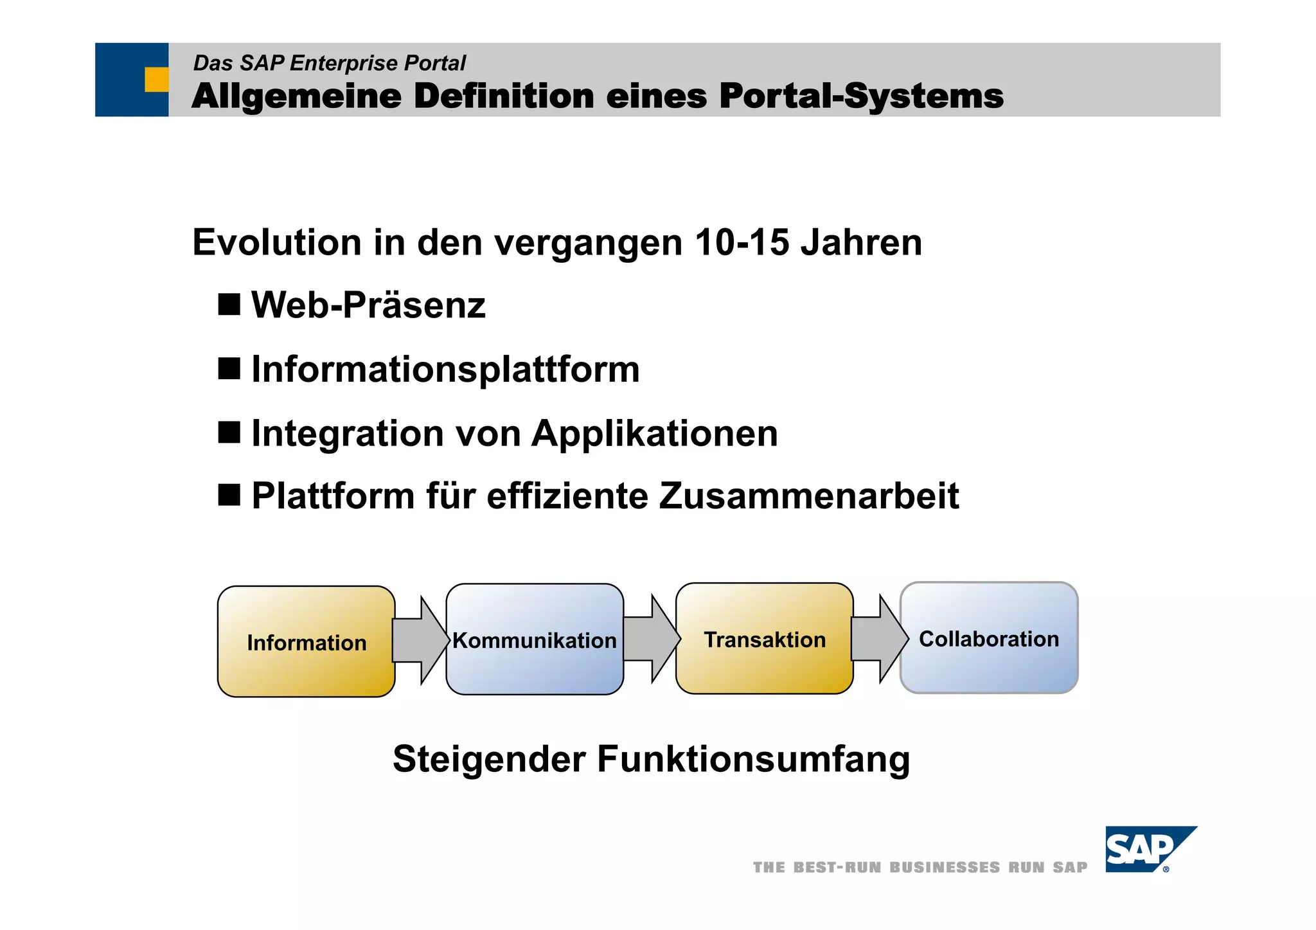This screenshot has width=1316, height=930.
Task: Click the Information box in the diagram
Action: point(306,641)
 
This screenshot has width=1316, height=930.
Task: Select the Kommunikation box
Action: point(535,639)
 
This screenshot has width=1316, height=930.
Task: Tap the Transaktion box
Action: point(764,639)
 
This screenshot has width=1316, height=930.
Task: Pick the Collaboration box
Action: point(988,638)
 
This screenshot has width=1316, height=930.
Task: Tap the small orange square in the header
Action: point(156,80)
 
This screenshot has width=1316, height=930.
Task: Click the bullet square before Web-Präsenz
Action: point(229,304)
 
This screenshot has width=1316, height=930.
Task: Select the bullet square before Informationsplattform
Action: point(229,369)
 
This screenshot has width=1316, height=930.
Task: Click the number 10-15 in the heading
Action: point(742,243)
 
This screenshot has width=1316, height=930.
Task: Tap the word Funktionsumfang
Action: point(753,759)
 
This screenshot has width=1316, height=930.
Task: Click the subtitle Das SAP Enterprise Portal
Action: point(329,63)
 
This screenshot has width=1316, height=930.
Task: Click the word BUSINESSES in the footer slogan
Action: point(944,868)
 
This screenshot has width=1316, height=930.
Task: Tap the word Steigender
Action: point(488,759)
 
